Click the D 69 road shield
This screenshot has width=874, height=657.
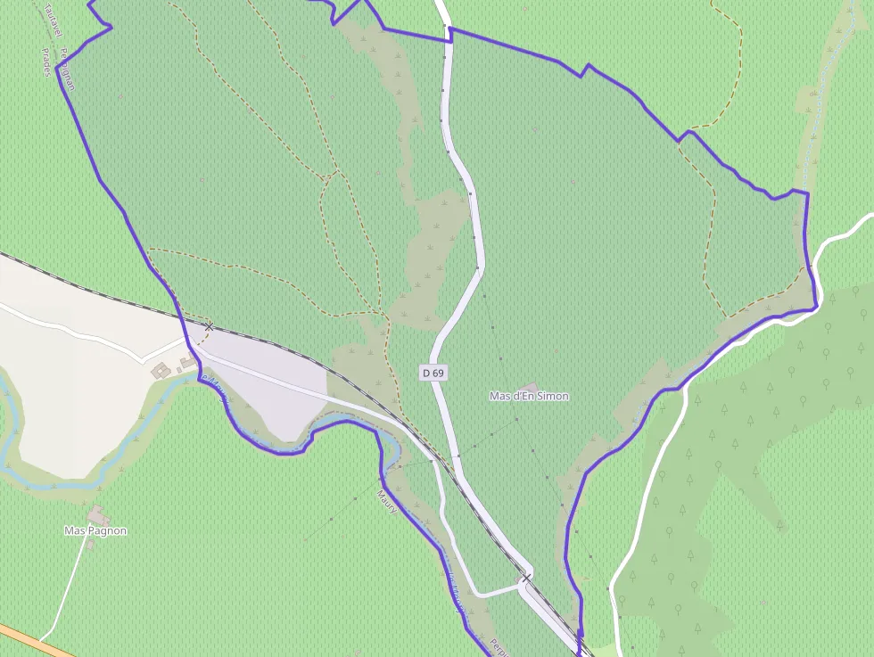pos(433,373)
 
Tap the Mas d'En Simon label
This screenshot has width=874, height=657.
pos(529,396)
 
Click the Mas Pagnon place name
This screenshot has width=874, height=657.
pos(95,530)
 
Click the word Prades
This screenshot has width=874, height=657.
pos(46,62)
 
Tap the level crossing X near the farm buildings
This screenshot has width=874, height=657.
pos(209,327)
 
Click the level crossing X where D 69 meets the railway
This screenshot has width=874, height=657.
pos(526,579)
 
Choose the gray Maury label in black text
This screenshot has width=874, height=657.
pos(386,501)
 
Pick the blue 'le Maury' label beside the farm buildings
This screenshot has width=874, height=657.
pos(217,391)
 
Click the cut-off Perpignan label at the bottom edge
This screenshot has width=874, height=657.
pos(496,646)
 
